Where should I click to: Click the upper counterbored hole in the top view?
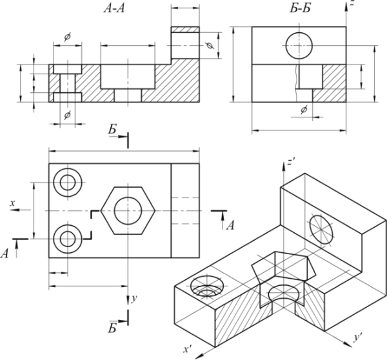pyautogui.click(x=68, y=183)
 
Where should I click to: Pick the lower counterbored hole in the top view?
pyautogui.click(x=68, y=239)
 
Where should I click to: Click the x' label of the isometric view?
pyautogui.click(x=187, y=350)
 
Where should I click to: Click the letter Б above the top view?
pyautogui.click(x=113, y=131)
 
